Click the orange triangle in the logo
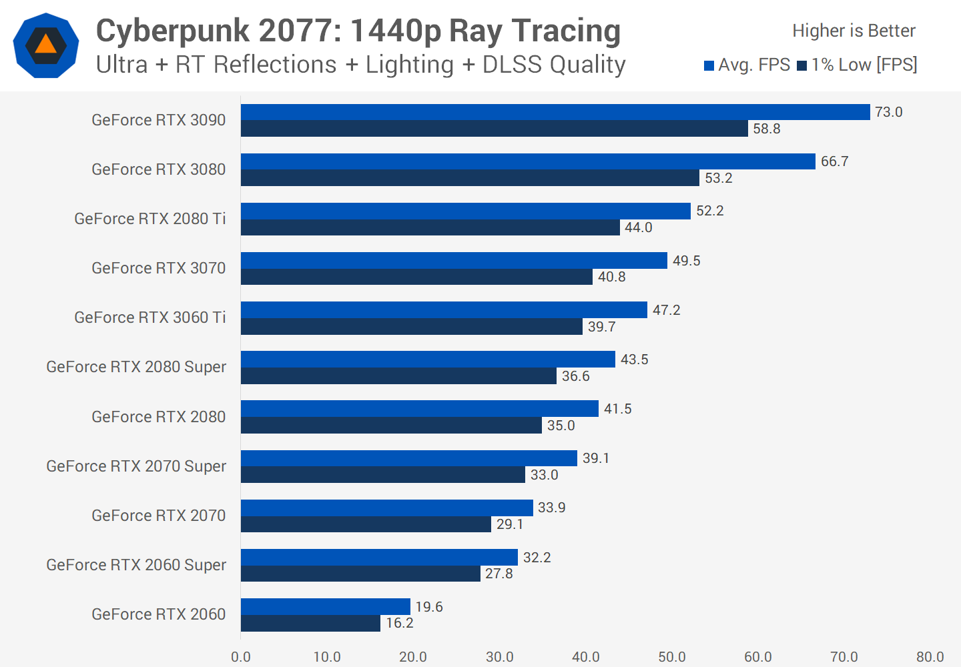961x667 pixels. click(x=46, y=45)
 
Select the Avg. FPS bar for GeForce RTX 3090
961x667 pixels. click(x=555, y=112)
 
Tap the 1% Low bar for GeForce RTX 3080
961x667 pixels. click(x=470, y=178)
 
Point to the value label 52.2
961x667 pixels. click(x=710, y=211)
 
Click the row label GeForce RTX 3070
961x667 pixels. click(x=159, y=268)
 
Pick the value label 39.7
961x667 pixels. click(x=602, y=327)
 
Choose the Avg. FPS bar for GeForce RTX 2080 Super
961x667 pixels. click(x=428, y=360)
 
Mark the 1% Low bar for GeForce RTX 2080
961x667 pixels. click(x=391, y=426)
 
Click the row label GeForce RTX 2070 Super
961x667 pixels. click(x=136, y=466)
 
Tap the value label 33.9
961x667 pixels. click(x=552, y=508)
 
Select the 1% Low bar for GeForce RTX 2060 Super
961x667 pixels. click(x=360, y=574)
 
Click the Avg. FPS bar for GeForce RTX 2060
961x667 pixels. click(x=326, y=606)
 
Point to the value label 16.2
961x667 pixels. click(x=400, y=623)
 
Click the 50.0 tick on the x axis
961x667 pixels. click(x=672, y=657)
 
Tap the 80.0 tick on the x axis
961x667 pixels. click(x=930, y=657)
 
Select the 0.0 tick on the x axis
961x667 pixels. click(x=241, y=657)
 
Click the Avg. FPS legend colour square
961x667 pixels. click(x=709, y=65)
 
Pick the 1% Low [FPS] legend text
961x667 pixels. click(x=864, y=65)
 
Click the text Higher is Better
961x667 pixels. click(x=854, y=31)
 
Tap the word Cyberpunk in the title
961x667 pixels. click(x=173, y=32)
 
